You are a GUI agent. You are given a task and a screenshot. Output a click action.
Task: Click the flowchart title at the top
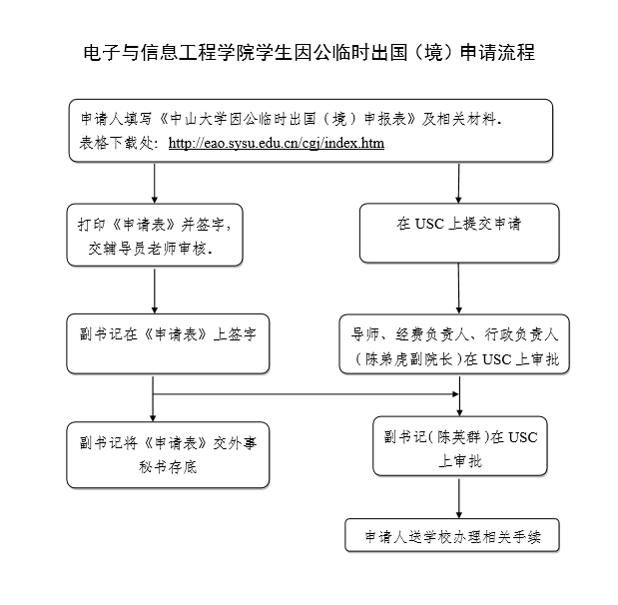(309, 53)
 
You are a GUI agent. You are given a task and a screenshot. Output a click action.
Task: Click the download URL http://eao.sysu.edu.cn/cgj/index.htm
(277, 143)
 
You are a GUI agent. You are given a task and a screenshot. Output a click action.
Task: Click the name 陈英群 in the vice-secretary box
(455, 437)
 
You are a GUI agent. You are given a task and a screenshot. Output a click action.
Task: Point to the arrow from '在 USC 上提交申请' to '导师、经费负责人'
(458, 290)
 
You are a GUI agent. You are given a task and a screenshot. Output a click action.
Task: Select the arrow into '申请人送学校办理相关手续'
(458, 497)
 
